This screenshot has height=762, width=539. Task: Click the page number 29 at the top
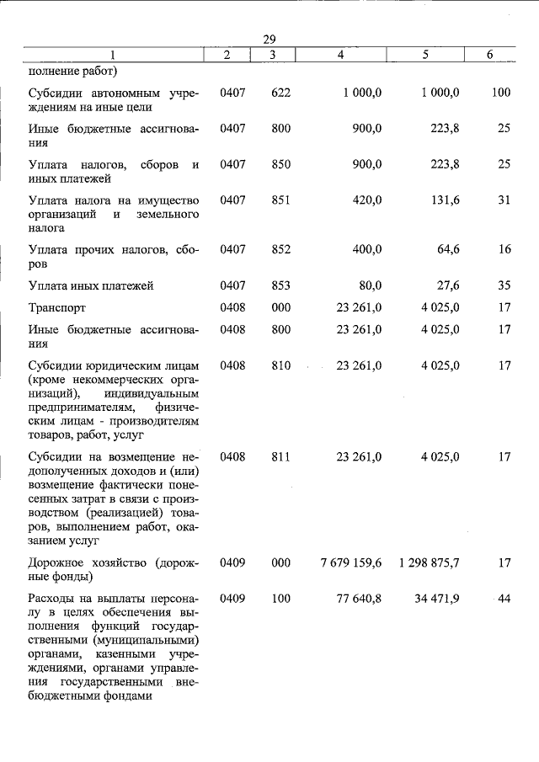coord(269,40)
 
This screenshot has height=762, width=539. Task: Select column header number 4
coord(339,55)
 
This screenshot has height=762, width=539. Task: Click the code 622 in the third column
coord(280,93)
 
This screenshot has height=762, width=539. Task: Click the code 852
coord(280,250)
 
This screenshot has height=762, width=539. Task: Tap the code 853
coord(280,286)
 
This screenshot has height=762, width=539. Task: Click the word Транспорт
coord(57,308)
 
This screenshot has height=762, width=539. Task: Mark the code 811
coord(280,457)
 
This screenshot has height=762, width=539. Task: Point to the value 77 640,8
coord(358,599)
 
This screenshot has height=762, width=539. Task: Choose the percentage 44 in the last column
coord(504,599)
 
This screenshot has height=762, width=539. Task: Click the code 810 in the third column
coord(280,366)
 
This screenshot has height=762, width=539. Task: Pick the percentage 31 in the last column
coord(504,200)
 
